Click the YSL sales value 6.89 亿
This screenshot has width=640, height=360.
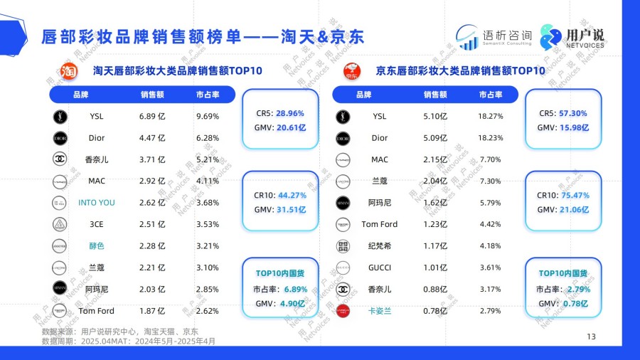[152, 117]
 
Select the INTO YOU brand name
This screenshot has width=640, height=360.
[97, 203]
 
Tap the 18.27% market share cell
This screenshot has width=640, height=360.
[491, 117]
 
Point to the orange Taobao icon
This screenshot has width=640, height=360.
[68, 71]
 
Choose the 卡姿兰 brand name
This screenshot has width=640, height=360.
[380, 310]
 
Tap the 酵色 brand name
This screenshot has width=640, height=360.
[97, 246]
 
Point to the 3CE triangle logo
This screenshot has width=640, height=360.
[60, 224]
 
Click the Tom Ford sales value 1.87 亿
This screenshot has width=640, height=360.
[152, 310]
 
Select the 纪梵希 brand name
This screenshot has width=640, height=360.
[380, 246]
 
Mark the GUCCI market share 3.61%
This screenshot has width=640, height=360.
[491, 268]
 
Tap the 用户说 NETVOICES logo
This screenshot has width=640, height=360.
[573, 36]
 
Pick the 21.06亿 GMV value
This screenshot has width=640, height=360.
[575, 209]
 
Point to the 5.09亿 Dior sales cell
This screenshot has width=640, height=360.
[434, 138]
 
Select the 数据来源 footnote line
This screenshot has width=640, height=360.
[119, 332]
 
